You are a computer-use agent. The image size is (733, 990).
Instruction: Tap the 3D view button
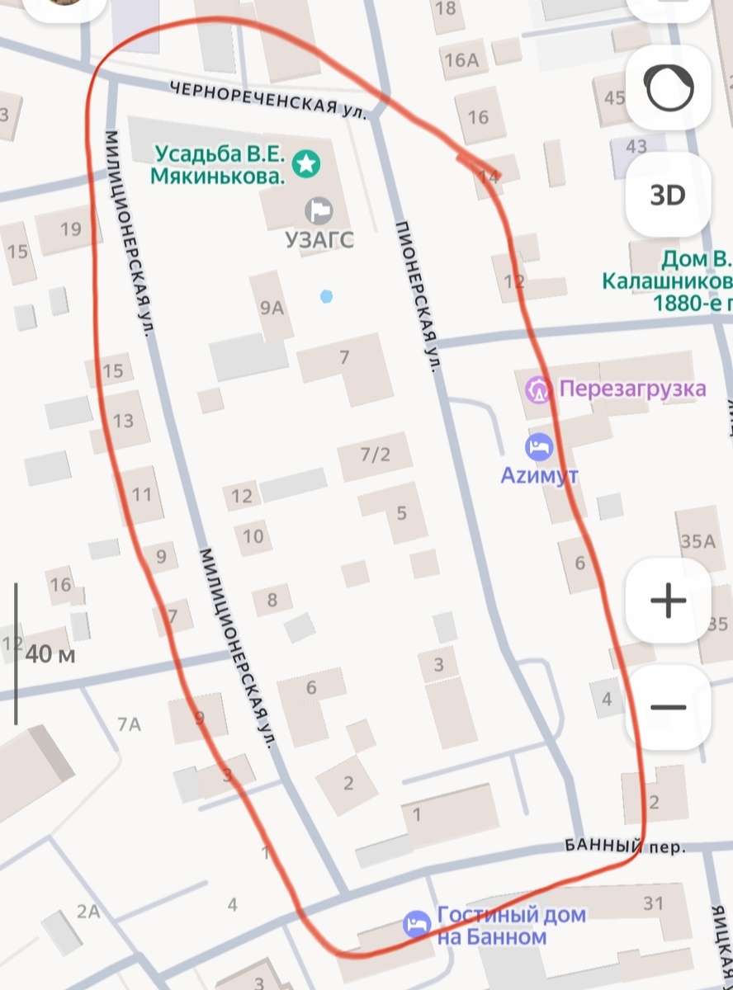click(668, 196)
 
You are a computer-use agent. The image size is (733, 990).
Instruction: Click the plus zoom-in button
click(668, 601)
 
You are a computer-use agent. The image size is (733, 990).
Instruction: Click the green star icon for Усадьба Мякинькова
click(306, 163)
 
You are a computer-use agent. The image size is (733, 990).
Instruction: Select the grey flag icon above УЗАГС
click(318, 210)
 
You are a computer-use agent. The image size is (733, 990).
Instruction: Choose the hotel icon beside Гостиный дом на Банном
click(417, 925)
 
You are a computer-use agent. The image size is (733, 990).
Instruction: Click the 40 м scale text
click(50, 655)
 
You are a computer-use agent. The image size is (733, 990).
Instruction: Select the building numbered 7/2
click(375, 454)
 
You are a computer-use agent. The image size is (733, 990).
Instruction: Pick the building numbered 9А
click(272, 309)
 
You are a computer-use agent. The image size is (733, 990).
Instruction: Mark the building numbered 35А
click(698, 541)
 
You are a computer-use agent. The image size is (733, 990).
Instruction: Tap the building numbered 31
click(653, 903)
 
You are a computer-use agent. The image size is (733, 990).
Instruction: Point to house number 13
click(123, 422)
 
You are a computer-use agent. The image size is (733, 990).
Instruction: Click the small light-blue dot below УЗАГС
click(327, 295)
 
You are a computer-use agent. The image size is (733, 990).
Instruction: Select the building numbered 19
click(71, 229)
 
